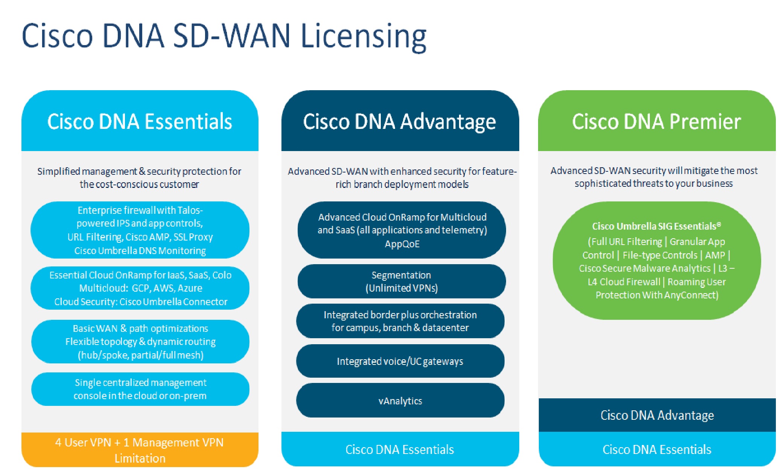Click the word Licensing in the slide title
pyautogui.click(x=363, y=36)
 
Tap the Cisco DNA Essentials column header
pyautogui.click(x=140, y=121)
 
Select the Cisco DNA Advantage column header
pyautogui.click(x=400, y=121)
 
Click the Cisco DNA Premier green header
pyautogui.click(x=656, y=121)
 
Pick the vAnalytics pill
pyautogui.click(x=400, y=401)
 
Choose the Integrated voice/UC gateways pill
pyautogui.click(x=400, y=361)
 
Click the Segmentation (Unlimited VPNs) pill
pyautogui.click(x=401, y=281)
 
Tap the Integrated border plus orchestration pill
pyautogui.click(x=400, y=321)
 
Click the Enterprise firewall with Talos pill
pyautogui.click(x=140, y=230)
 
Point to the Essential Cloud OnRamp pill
pyautogui.click(x=140, y=288)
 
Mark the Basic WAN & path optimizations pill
pyautogui.click(x=140, y=342)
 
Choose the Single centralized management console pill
pyautogui.click(x=140, y=389)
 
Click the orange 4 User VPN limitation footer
pyautogui.click(x=140, y=450)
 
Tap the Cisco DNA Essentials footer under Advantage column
pyautogui.click(x=400, y=449)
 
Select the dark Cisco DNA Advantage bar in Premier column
pyautogui.click(x=657, y=415)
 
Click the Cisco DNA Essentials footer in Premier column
pyautogui.click(x=657, y=449)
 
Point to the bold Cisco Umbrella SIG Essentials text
pyautogui.click(x=657, y=226)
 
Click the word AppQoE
pyautogui.click(x=402, y=244)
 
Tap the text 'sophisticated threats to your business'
pyautogui.click(x=654, y=184)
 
